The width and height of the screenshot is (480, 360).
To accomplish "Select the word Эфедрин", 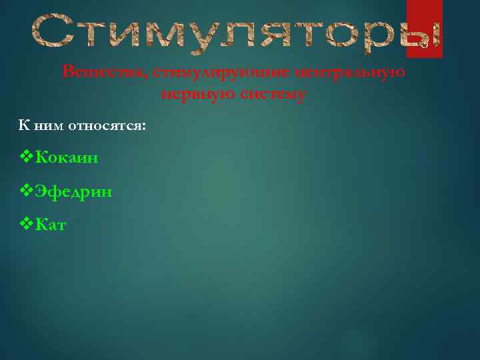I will point(73,192).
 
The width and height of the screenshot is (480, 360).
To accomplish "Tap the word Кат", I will point(51,226).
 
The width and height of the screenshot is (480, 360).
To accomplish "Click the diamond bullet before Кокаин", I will point(27,157).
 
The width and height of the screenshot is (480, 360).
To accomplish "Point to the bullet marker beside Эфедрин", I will point(27,191).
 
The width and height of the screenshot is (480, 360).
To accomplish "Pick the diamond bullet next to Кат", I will point(27,225).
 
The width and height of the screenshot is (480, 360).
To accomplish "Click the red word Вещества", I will point(104,72).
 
